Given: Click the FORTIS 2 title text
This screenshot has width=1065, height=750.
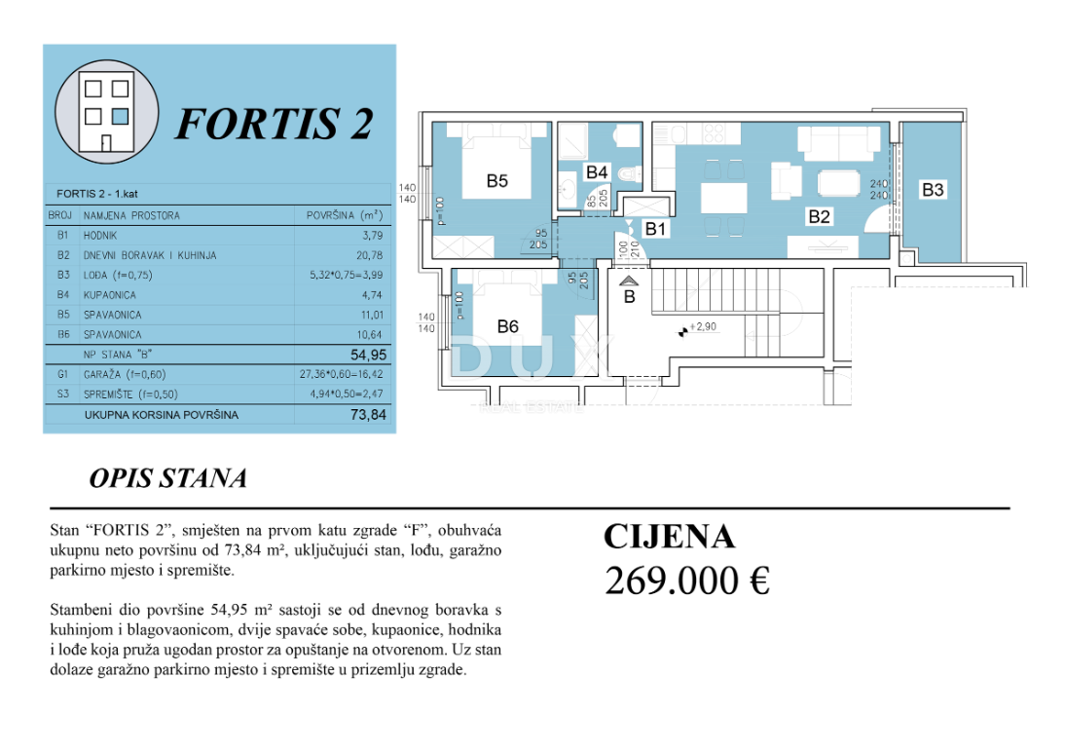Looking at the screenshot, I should (x=274, y=123).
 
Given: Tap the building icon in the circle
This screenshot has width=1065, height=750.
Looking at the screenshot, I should (x=107, y=115).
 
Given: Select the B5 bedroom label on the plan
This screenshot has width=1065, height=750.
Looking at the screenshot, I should (x=497, y=180).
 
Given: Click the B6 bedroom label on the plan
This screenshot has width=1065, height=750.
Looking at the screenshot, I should (x=507, y=326).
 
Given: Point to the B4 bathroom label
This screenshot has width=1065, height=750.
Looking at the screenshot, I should (x=596, y=172).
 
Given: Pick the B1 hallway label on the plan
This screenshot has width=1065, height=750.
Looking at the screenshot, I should (x=656, y=229).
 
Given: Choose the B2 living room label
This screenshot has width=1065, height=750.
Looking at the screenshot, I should (x=819, y=217).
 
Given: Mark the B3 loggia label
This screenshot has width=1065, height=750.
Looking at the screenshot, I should (x=933, y=190).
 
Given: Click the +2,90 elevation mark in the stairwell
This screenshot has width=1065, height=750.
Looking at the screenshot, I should (x=702, y=327).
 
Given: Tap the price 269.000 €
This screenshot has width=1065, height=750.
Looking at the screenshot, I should (x=686, y=581).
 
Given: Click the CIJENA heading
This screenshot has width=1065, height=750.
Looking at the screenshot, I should (x=669, y=537).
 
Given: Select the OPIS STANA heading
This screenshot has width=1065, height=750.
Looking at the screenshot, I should (x=167, y=478).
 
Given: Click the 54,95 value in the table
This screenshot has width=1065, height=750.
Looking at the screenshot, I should (x=363, y=356).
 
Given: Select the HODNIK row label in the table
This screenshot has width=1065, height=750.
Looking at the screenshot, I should (x=102, y=236).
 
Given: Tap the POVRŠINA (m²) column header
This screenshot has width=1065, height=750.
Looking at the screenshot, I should (x=344, y=215).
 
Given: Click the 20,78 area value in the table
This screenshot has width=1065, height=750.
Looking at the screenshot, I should (x=367, y=255).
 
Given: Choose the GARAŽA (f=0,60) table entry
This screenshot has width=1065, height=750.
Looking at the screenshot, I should (x=123, y=374).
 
